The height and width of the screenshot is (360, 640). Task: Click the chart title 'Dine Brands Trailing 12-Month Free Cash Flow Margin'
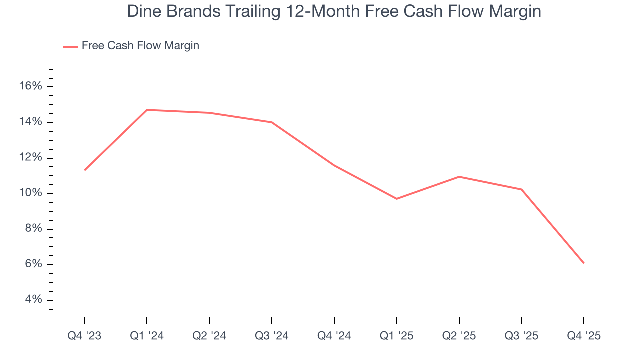[x=334, y=11]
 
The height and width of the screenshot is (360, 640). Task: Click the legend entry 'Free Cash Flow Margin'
[x=140, y=46]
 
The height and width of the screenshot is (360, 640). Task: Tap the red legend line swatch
[x=70, y=46]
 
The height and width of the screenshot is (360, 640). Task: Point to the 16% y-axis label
[x=31, y=86]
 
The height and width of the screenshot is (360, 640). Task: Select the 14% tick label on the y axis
[x=31, y=122]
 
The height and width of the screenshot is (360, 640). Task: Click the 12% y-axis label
[x=31, y=158]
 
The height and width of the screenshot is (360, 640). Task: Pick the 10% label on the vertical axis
[x=31, y=193]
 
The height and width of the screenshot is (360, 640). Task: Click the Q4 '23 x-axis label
[x=84, y=336]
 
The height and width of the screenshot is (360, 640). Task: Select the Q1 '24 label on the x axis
[x=147, y=336]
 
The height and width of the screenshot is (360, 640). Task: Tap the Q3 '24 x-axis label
[x=272, y=336]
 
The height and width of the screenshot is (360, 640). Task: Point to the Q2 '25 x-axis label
[x=459, y=336]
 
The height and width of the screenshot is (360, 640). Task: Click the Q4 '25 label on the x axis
[x=584, y=336]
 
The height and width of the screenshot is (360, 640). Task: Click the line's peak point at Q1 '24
[x=147, y=110]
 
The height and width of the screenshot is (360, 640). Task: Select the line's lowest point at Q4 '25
[x=584, y=263]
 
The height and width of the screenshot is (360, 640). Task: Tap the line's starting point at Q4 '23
[x=84, y=170]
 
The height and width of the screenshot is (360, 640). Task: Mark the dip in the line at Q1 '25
[x=397, y=199]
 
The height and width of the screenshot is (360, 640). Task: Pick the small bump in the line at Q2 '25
[x=459, y=177]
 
